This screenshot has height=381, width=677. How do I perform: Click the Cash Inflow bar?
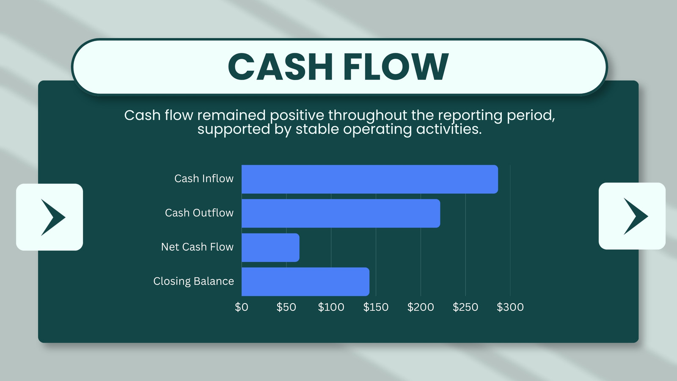point(370,179)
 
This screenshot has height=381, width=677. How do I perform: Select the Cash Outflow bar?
point(341,213)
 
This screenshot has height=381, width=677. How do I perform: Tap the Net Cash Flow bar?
point(270,248)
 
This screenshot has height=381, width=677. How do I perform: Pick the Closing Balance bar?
point(305,282)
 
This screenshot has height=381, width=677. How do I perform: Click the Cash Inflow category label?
point(204,179)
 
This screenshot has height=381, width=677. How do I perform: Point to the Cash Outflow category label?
point(199,213)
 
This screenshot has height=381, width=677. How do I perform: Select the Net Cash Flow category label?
point(197,247)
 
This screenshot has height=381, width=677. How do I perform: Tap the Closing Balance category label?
point(193,281)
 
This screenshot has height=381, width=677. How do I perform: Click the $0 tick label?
point(242,307)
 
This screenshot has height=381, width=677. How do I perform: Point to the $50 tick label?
point(286,307)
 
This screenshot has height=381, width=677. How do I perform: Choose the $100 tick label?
point(331,307)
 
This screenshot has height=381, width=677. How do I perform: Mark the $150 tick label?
point(376,307)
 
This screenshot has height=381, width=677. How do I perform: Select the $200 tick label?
point(421,307)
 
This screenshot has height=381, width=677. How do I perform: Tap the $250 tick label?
point(465,307)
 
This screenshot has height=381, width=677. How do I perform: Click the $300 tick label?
point(510,307)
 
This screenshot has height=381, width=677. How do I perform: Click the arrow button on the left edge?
point(50,217)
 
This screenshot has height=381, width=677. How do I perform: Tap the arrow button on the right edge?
point(632,216)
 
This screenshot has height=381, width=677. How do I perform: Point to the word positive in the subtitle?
point(298,115)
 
